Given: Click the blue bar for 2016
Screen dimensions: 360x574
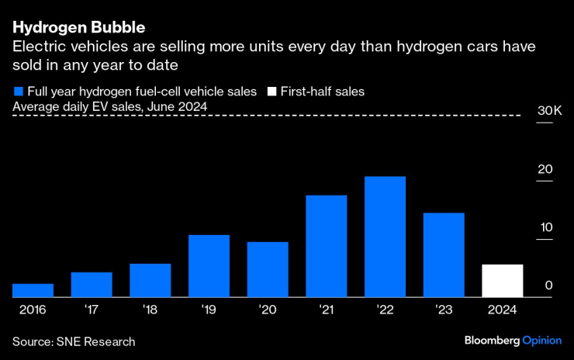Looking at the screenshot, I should click(x=33, y=290).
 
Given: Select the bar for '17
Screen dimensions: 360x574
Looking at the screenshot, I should click(x=92, y=285).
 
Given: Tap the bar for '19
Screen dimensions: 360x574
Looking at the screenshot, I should click(x=209, y=265).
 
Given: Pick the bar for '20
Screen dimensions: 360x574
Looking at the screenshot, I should click(x=268, y=269).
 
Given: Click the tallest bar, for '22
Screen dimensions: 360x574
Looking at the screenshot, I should click(x=385, y=237).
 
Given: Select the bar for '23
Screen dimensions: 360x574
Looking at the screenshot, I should click(x=444, y=254).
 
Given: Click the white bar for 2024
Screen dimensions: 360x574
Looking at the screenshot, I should click(x=502, y=280).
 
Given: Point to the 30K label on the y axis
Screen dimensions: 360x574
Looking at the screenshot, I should click(x=549, y=112).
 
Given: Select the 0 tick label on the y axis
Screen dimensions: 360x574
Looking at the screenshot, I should click(x=548, y=286).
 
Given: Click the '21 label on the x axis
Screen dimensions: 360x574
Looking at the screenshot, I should click(x=326, y=309).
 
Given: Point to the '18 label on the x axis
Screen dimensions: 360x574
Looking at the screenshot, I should click(x=150, y=309).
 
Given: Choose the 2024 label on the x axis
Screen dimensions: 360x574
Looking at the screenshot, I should click(x=502, y=309).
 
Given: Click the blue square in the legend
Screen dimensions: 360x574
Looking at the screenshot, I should click(x=17, y=92).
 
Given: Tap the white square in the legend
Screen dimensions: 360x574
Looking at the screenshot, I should click(x=271, y=92).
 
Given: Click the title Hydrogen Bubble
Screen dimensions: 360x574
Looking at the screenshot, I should click(x=78, y=28).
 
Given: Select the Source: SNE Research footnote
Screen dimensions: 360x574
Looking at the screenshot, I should click(x=74, y=341).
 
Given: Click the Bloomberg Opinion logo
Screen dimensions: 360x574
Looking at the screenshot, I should click(x=513, y=341).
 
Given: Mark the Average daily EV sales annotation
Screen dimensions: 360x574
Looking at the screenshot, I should click(x=109, y=106).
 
